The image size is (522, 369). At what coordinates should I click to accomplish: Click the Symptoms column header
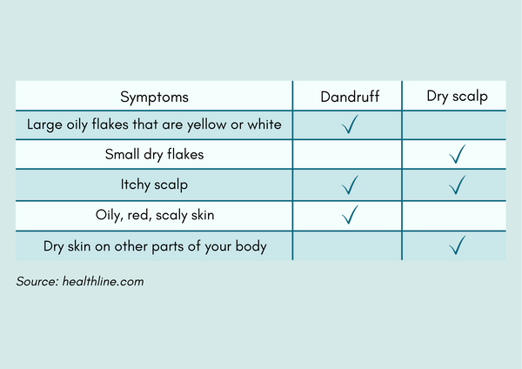point(154,97)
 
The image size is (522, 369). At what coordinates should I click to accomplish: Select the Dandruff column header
point(350,97)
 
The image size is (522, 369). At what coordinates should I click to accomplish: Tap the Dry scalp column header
point(457,97)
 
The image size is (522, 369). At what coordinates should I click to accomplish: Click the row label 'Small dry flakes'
point(154,155)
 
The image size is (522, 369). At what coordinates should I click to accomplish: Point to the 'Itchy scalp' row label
point(154,184)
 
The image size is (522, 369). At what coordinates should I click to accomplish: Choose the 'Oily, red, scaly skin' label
point(155,215)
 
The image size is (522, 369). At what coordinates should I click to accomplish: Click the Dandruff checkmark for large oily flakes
point(350,124)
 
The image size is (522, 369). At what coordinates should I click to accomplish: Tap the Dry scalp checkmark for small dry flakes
point(457,154)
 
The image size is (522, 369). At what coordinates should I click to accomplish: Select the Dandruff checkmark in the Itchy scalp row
point(350,184)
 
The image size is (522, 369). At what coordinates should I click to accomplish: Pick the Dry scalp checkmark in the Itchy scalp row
point(457,184)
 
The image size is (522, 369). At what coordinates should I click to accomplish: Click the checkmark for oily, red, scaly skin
point(350,214)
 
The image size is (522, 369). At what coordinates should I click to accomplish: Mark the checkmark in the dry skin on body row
point(457,245)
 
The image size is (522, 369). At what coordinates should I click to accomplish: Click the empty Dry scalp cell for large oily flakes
point(454,125)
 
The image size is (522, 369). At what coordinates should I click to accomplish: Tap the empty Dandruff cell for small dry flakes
point(347,155)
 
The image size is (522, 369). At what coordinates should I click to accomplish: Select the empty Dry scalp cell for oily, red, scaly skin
point(454,216)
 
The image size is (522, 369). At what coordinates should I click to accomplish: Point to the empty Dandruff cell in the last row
point(347,246)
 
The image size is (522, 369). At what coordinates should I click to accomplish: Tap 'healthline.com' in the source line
point(104,281)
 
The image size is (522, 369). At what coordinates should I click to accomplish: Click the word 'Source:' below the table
point(37,281)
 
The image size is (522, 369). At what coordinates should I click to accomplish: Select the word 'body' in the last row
point(251,247)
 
